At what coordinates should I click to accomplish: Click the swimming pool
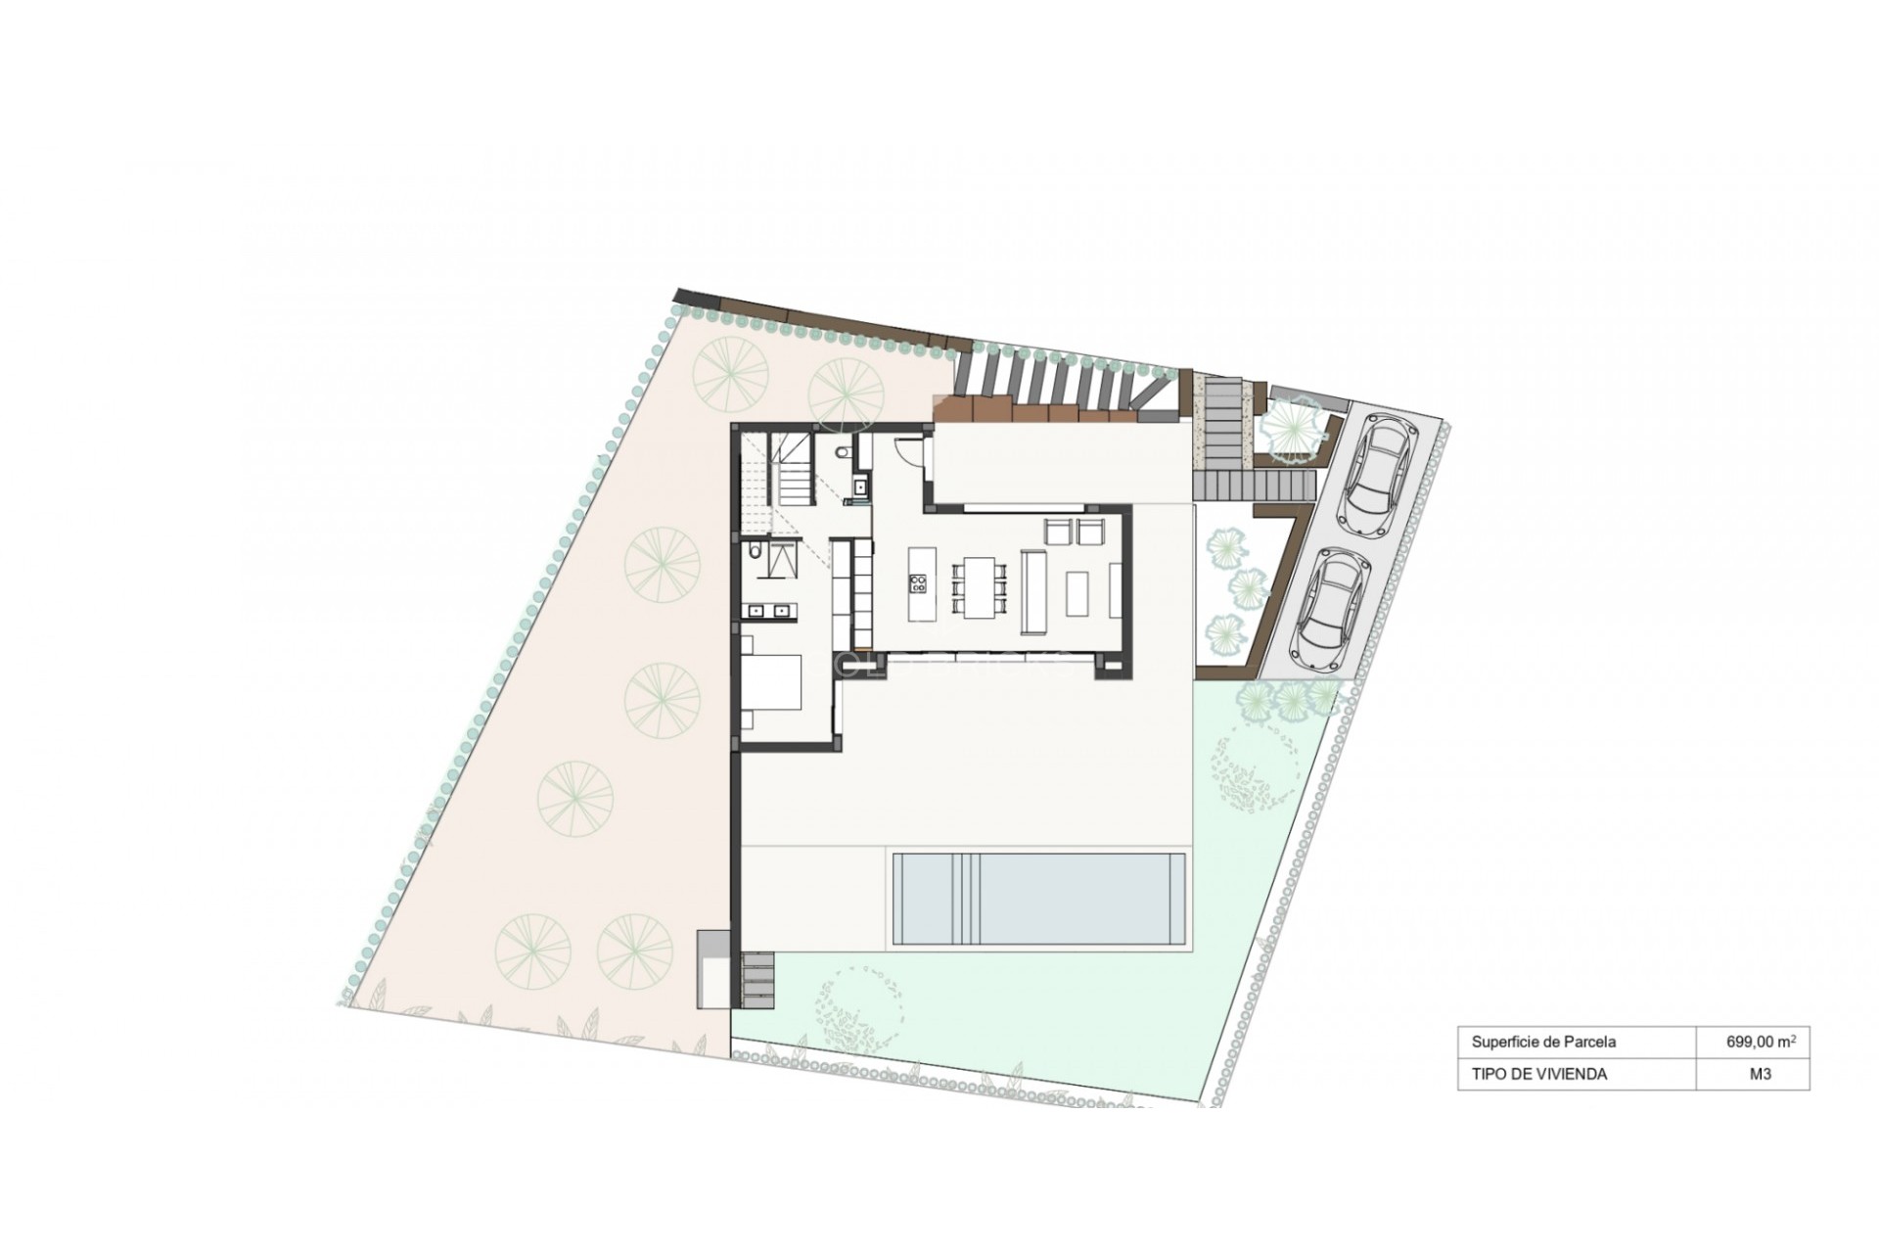[x=1040, y=899]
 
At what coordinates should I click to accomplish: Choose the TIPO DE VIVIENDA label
[x=1538, y=1074]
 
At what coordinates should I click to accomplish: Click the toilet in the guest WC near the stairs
[x=846, y=453]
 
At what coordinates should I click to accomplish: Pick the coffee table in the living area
[x=1077, y=593]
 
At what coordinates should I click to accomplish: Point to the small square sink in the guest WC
[x=860, y=484]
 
